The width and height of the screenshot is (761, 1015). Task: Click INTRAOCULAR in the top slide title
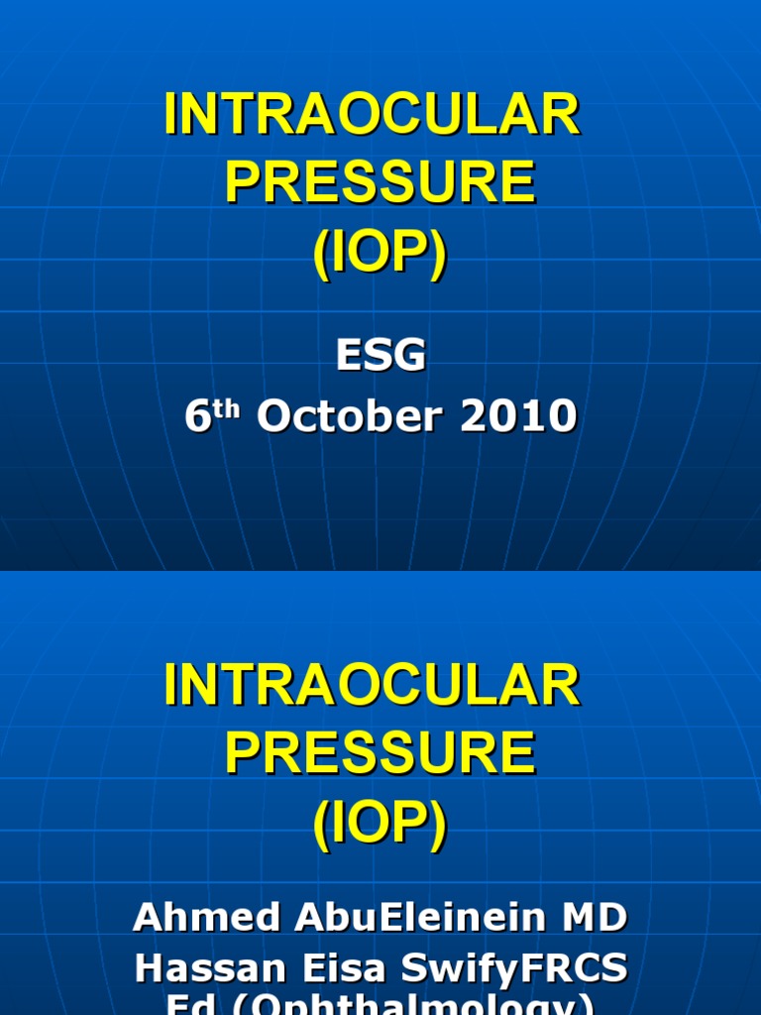click(x=373, y=117)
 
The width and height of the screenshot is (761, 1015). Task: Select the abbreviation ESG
click(x=380, y=355)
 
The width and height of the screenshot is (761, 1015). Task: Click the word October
click(x=342, y=417)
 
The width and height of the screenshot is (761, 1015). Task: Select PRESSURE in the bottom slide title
click(x=380, y=753)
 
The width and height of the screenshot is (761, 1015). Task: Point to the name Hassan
click(x=203, y=968)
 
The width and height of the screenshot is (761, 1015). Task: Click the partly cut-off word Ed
click(x=183, y=1005)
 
